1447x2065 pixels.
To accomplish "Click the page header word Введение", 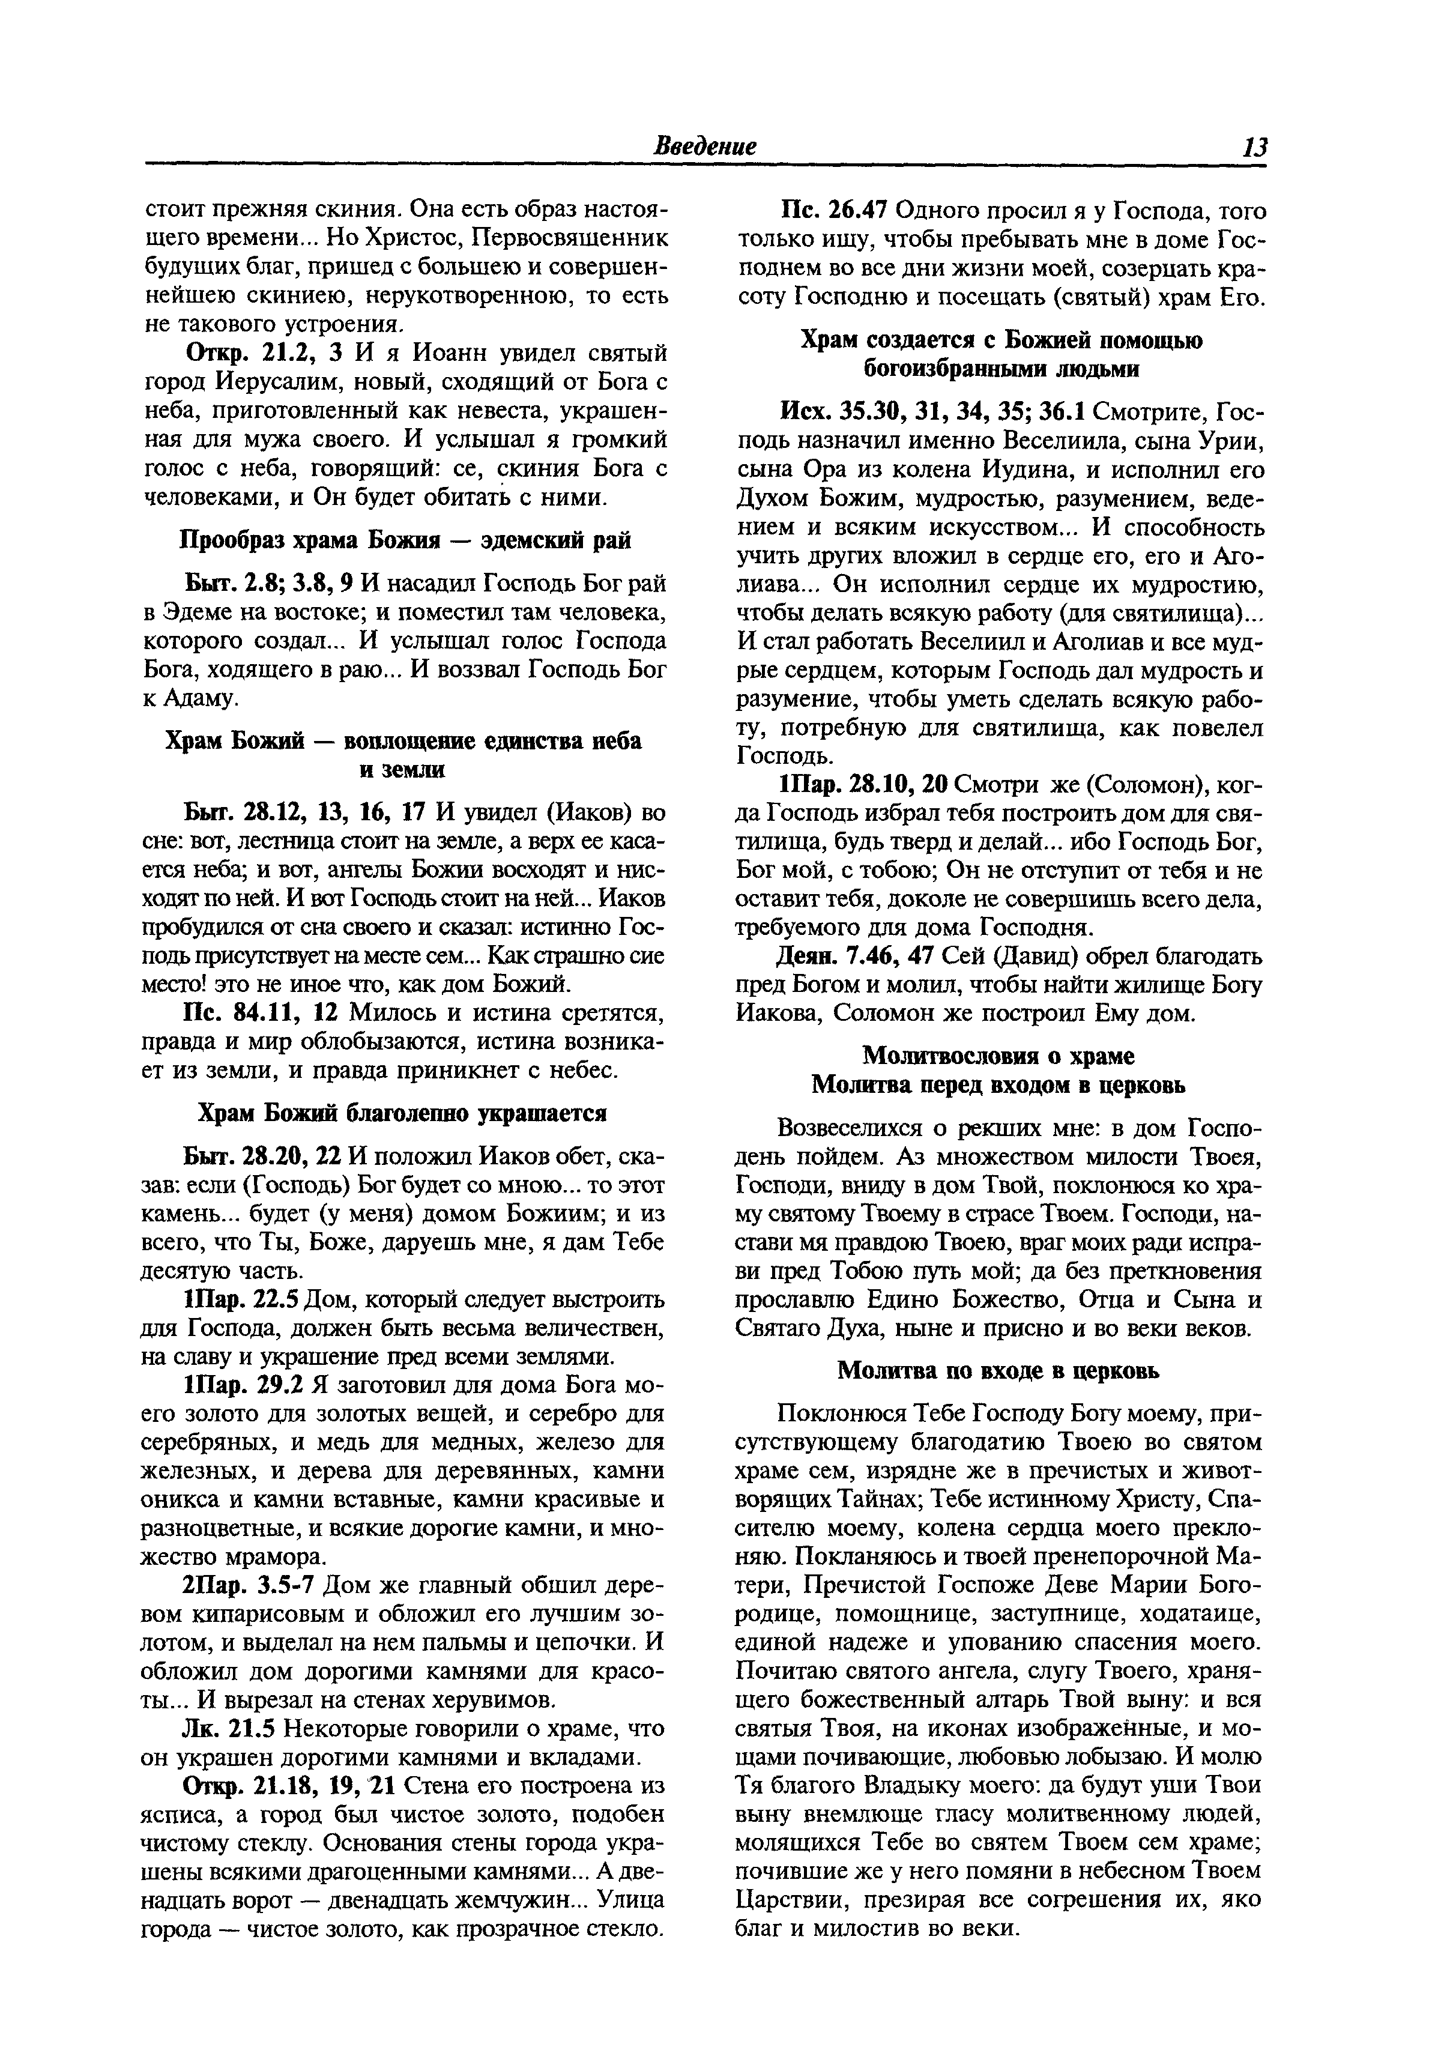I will (704, 146).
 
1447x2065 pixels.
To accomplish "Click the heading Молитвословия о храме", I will (998, 1055).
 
